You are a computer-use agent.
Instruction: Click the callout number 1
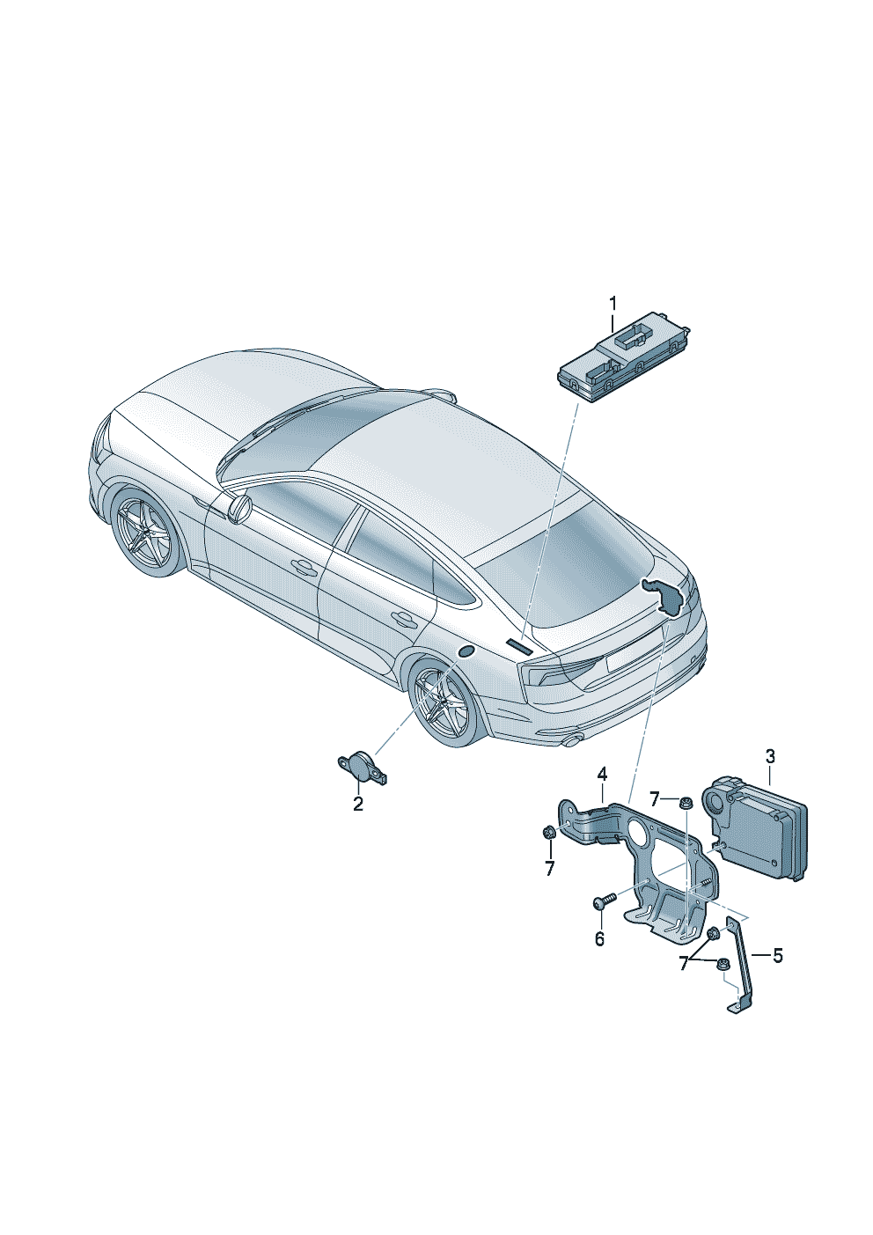point(613,305)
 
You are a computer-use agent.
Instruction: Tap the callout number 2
point(358,805)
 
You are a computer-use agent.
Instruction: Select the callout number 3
point(770,756)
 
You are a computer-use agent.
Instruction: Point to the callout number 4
point(602,775)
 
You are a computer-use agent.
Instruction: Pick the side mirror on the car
point(240,506)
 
